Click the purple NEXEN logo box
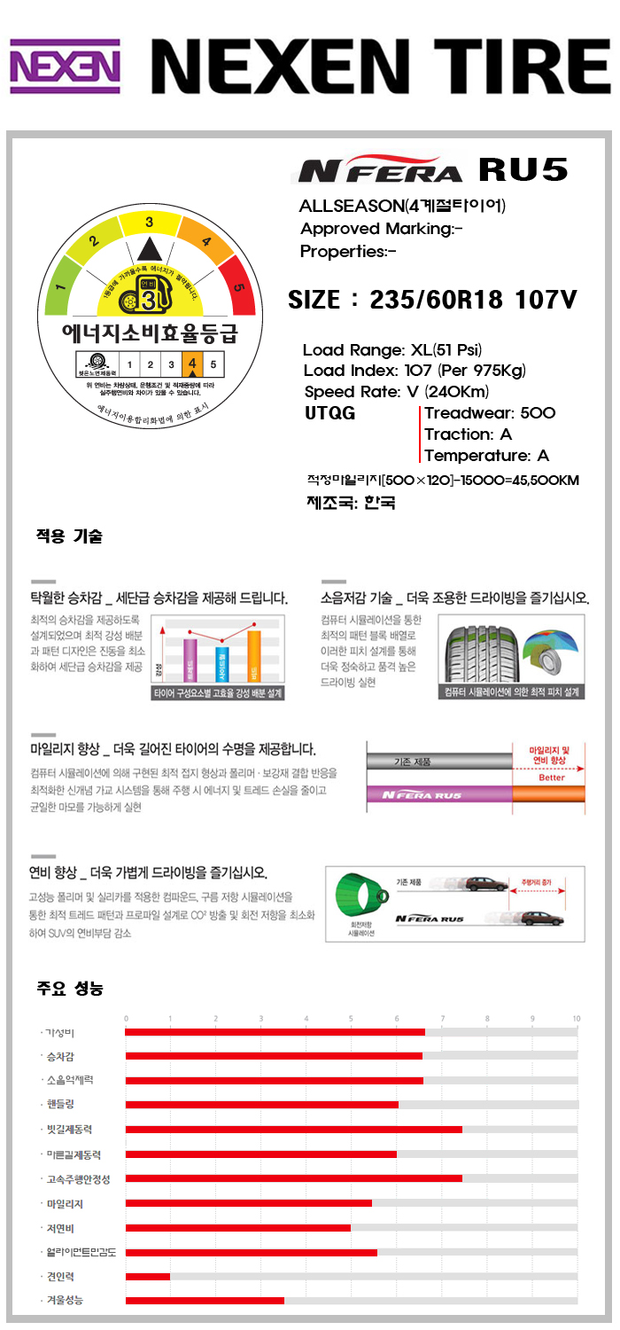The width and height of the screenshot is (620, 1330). point(65,66)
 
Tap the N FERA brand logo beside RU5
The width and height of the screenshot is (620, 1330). point(380,171)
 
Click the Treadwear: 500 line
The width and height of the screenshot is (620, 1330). point(489,413)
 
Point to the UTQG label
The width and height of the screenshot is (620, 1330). point(330,413)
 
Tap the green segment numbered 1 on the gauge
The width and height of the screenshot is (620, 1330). point(62,287)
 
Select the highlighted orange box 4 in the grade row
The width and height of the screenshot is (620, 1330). point(192,364)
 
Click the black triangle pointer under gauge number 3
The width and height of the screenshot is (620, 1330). point(150,249)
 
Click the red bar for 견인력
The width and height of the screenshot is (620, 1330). point(148,1277)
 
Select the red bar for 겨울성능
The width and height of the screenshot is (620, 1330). point(205,1301)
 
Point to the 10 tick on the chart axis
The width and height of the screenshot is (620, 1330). point(576,1018)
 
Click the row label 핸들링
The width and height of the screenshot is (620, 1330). point(62,1104)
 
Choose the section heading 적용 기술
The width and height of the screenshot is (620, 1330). point(69,536)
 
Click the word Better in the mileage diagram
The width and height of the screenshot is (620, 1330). point(551,778)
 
